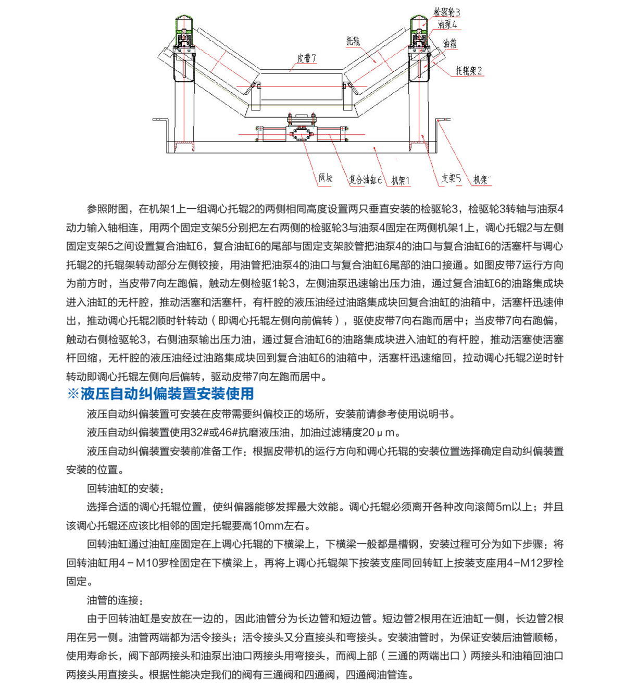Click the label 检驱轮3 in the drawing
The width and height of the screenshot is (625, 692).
447,12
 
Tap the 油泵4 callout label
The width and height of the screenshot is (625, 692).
447,24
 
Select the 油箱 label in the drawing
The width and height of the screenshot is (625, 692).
450,44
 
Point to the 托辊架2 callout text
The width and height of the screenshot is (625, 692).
469,71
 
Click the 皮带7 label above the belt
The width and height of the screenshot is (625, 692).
306,58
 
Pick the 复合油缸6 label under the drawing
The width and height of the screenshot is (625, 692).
365,180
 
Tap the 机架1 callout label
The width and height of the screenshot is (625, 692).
401,181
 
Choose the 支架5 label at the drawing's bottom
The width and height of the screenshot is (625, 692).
451,178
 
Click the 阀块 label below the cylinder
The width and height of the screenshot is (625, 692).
326,178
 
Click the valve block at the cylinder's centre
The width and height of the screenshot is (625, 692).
300,133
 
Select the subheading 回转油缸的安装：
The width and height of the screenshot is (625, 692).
125,488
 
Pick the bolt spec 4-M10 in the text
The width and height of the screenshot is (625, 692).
138,563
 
